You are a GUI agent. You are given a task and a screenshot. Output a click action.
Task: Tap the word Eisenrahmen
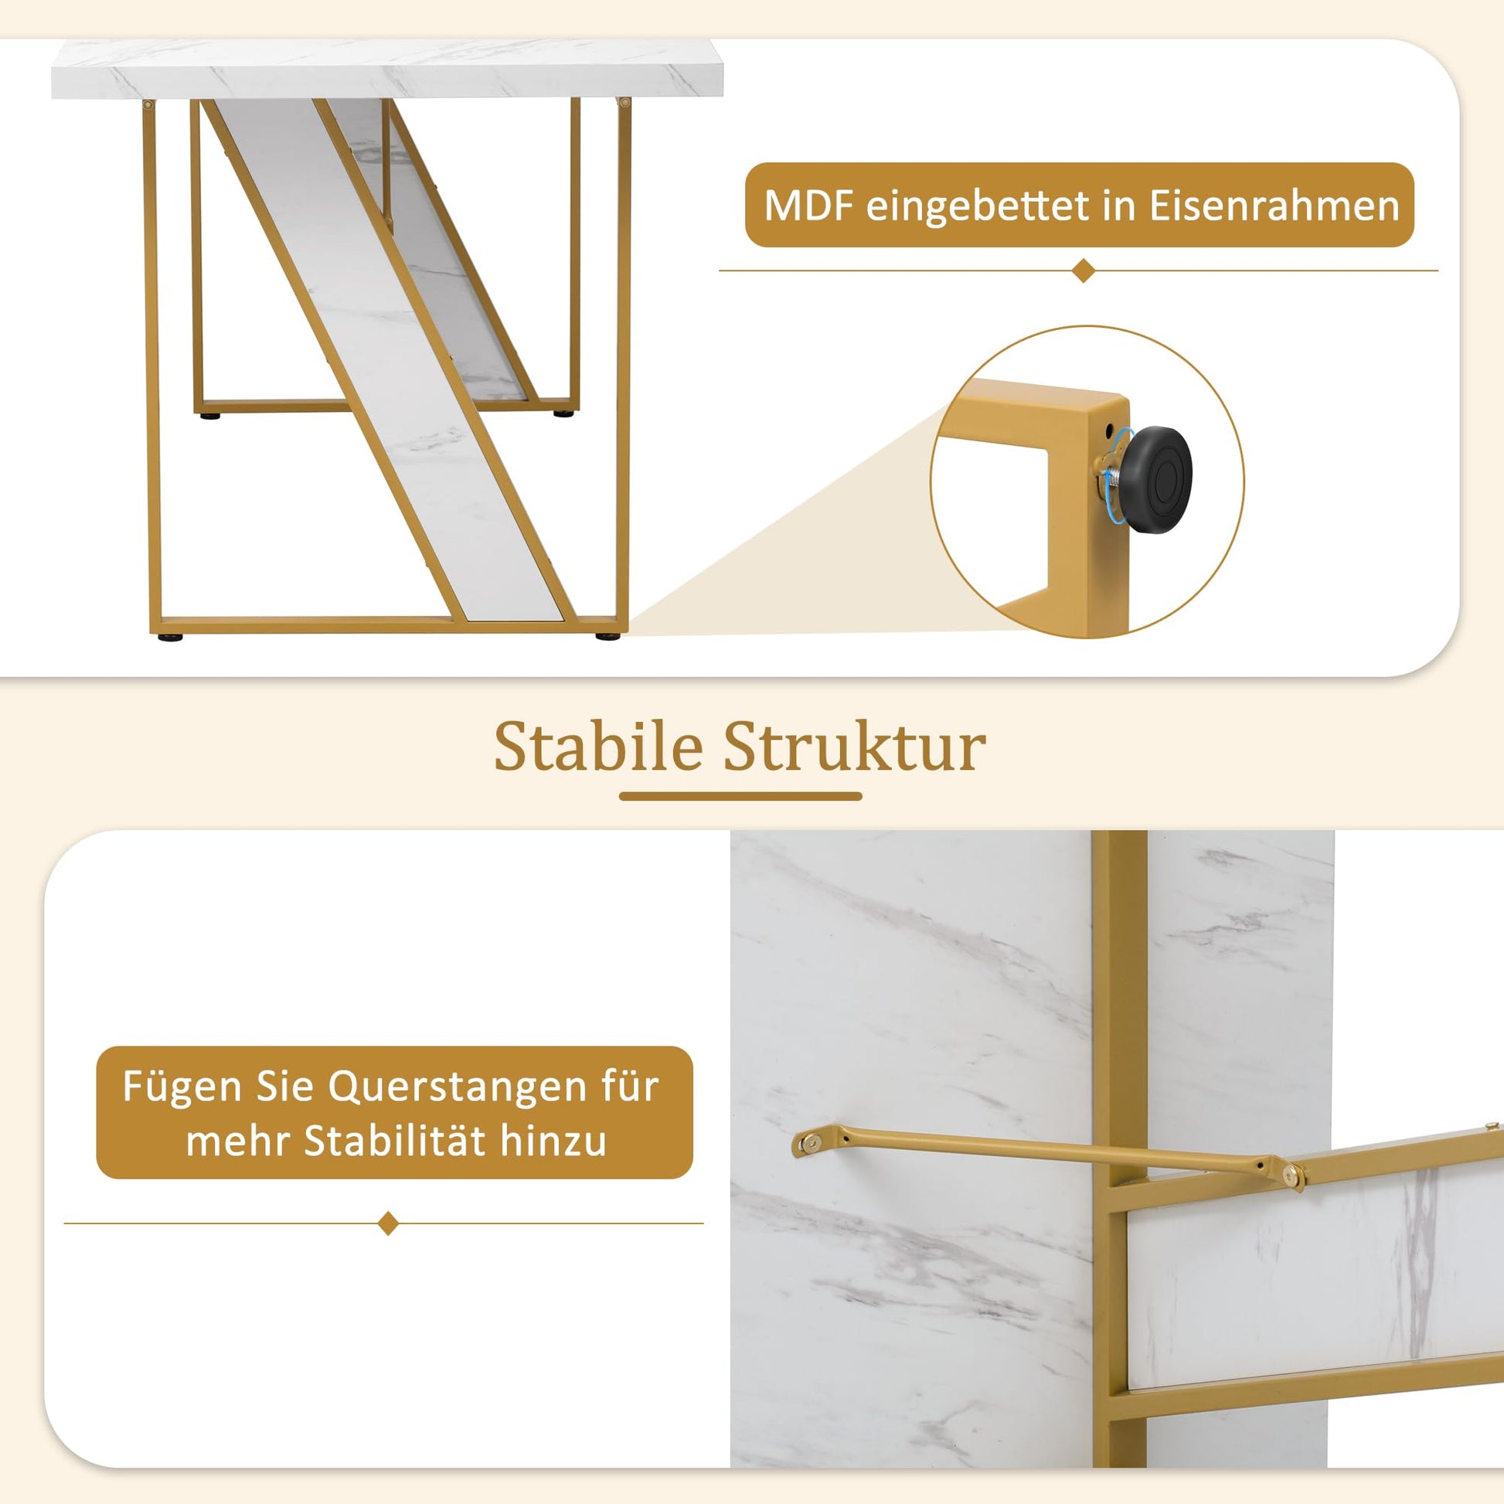(1274, 206)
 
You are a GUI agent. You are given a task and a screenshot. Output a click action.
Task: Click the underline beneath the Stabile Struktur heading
(740, 796)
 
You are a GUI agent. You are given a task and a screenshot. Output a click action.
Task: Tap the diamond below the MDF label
(1083, 271)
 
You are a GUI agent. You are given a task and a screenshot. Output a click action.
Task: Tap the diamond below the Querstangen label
(388, 1223)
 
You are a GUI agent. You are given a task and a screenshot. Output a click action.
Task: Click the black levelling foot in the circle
(1154, 478)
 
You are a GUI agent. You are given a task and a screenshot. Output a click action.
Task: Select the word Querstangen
(456, 1087)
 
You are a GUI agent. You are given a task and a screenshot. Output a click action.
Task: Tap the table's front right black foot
(608, 637)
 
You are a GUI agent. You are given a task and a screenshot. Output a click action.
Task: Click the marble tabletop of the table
(387, 69)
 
